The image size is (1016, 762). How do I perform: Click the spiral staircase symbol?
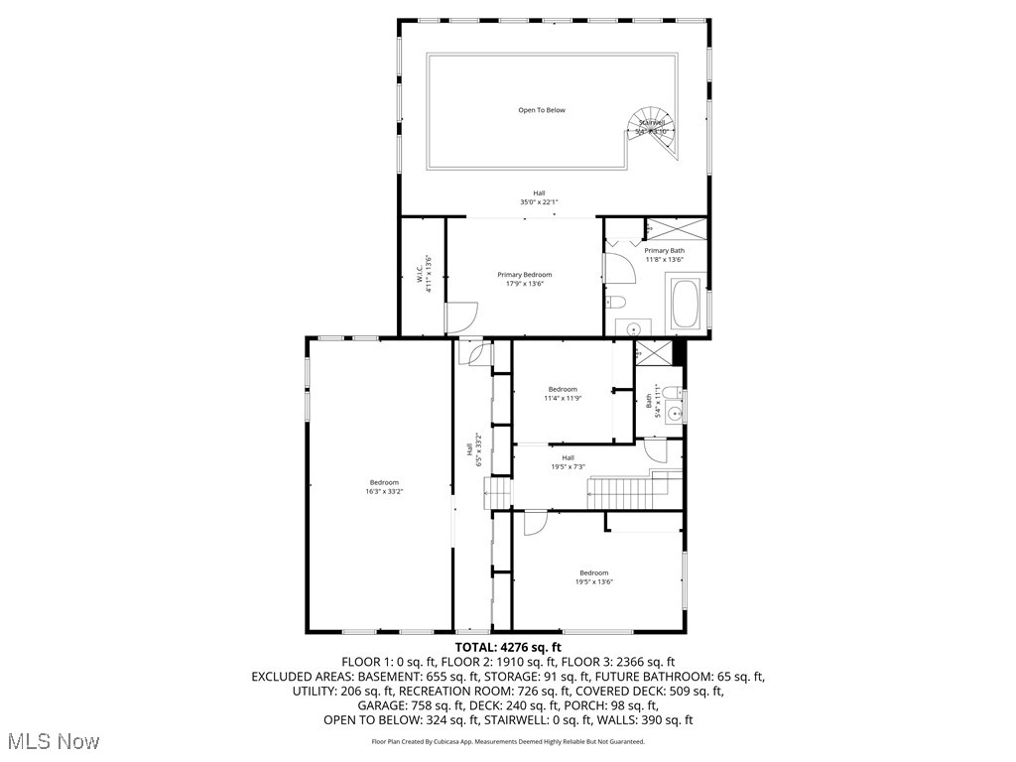click(x=655, y=132)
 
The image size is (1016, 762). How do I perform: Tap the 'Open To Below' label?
click(x=541, y=110)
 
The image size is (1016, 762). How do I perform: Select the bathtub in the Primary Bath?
click(x=686, y=305)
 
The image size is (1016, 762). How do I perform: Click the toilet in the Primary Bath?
click(x=615, y=302)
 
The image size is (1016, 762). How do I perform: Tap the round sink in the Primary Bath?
click(x=633, y=327)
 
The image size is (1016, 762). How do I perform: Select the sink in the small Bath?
click(x=676, y=413)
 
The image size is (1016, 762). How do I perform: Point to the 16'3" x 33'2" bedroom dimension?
click(x=385, y=491)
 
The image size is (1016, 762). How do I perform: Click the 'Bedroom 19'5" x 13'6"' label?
click(x=593, y=576)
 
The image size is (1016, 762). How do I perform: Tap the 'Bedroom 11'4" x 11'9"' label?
click(x=563, y=394)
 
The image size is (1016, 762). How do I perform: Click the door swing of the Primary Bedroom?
click(x=459, y=317)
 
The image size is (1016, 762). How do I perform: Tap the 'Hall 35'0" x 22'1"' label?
click(x=539, y=197)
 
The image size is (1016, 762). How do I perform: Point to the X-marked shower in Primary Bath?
click(x=676, y=228)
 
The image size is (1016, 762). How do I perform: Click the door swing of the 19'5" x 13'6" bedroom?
click(x=535, y=523)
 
